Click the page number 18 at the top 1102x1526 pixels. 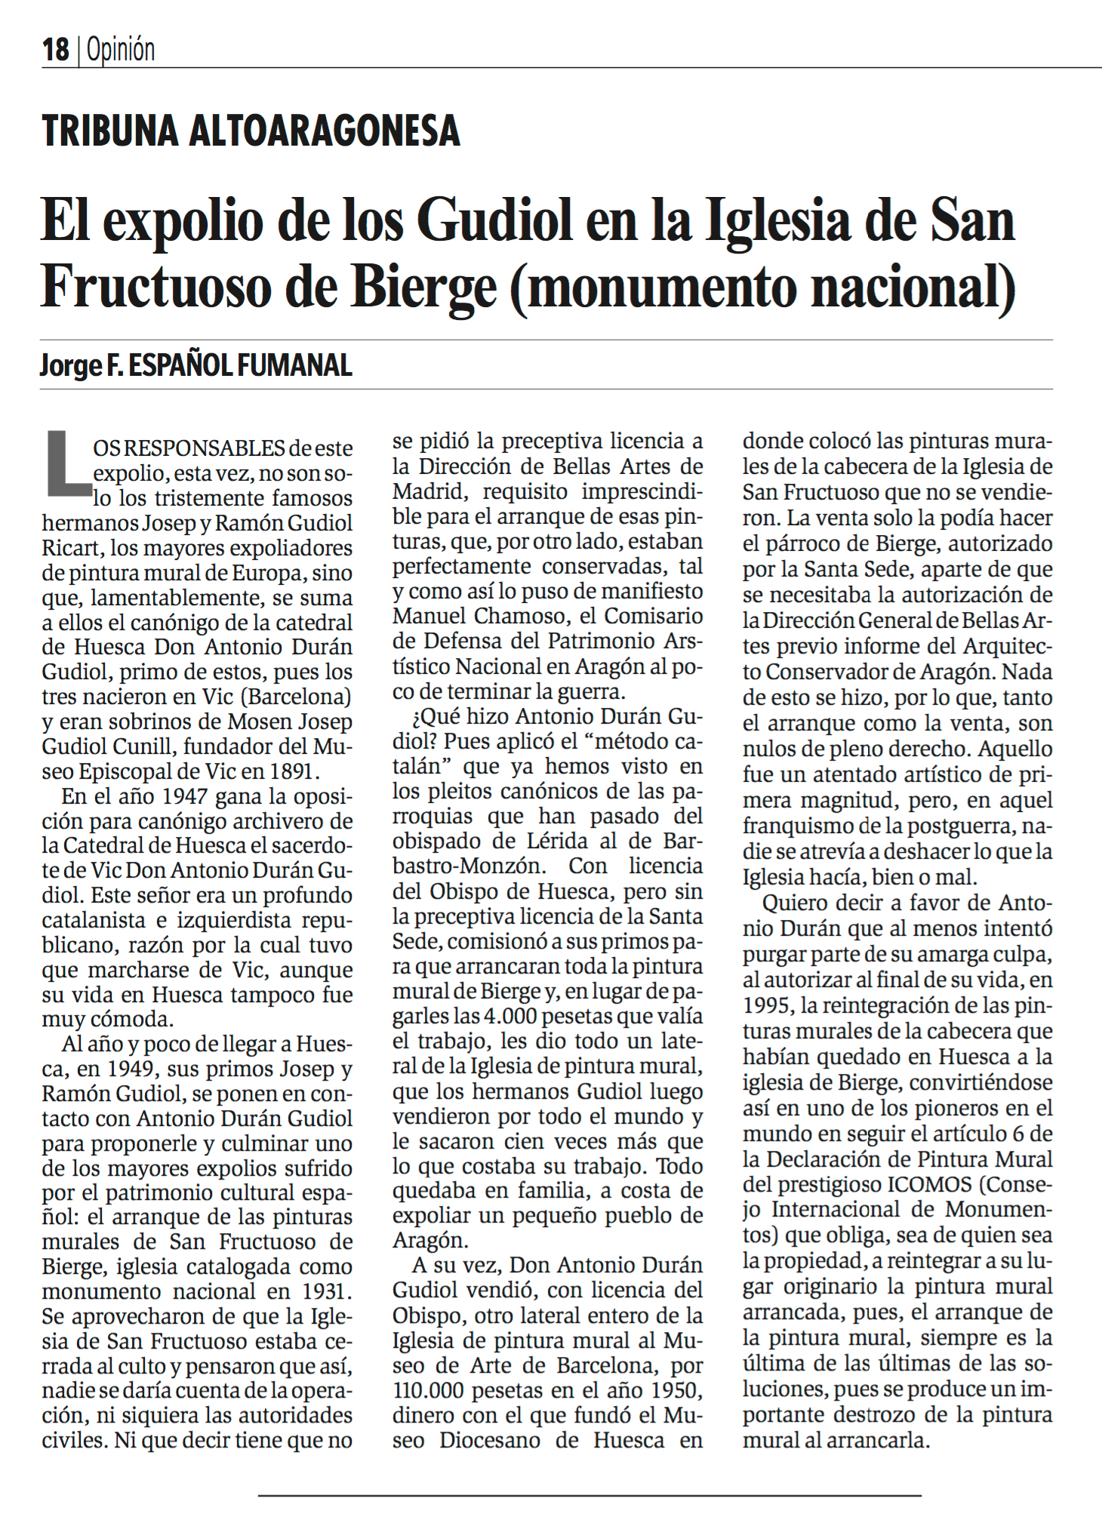tap(55, 51)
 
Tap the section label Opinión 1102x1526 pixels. tap(121, 51)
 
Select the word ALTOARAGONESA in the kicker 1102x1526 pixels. tap(325, 131)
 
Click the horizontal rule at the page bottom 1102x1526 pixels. tap(589, 1494)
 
